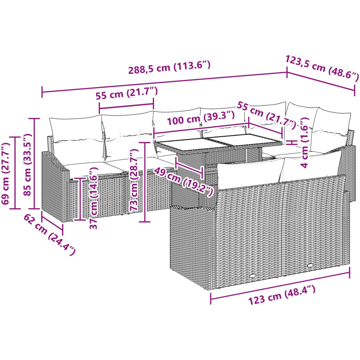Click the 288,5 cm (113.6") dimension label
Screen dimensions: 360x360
pos(169,67)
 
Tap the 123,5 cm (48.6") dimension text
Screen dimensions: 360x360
pos(322,68)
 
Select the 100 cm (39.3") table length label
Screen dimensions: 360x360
pos(201,118)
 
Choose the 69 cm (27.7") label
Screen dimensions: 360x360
pos(6,173)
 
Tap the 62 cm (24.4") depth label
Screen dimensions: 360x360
pos(50,234)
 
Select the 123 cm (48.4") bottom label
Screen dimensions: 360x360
pos(282,295)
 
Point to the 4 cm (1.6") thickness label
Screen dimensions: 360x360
pos(305,143)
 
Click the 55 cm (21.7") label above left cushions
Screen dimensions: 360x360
pos(127,93)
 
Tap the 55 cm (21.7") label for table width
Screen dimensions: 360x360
pos(266,115)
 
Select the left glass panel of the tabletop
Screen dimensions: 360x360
pos(193,145)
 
